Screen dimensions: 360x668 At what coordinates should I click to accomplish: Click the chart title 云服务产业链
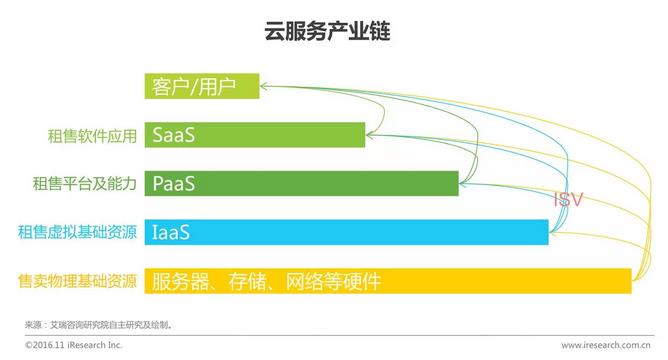pos(333,31)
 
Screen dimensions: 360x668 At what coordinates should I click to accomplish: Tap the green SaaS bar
pos(255,134)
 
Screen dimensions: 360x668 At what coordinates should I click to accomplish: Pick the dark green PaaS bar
pos(301,183)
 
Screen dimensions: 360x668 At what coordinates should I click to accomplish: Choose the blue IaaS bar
pos(346,232)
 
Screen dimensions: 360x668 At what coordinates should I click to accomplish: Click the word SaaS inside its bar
pos(173,134)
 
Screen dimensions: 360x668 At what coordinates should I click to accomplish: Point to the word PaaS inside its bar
pos(173,183)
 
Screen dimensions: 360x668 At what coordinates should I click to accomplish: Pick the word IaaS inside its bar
pos(171,232)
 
